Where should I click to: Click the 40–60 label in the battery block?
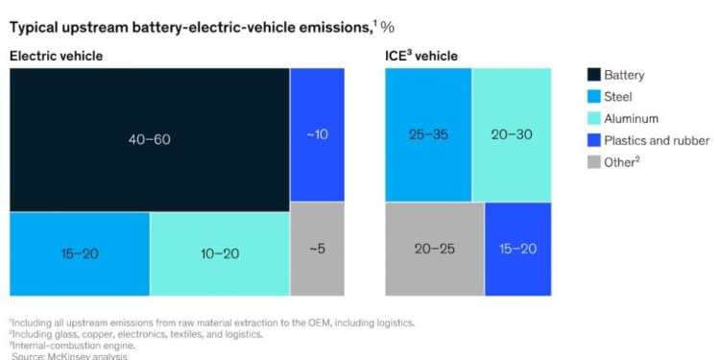tap(149, 140)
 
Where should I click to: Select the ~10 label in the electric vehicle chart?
tap(317, 134)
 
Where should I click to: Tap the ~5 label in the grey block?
tap(317, 250)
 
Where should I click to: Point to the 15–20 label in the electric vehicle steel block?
tap(79, 254)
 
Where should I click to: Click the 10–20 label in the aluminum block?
tap(219, 254)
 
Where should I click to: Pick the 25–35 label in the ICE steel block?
tap(427, 135)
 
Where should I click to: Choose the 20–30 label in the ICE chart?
tap(511, 135)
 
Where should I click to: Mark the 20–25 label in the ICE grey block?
tap(434, 249)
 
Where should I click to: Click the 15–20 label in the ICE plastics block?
tap(517, 249)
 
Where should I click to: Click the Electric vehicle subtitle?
tap(56, 57)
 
